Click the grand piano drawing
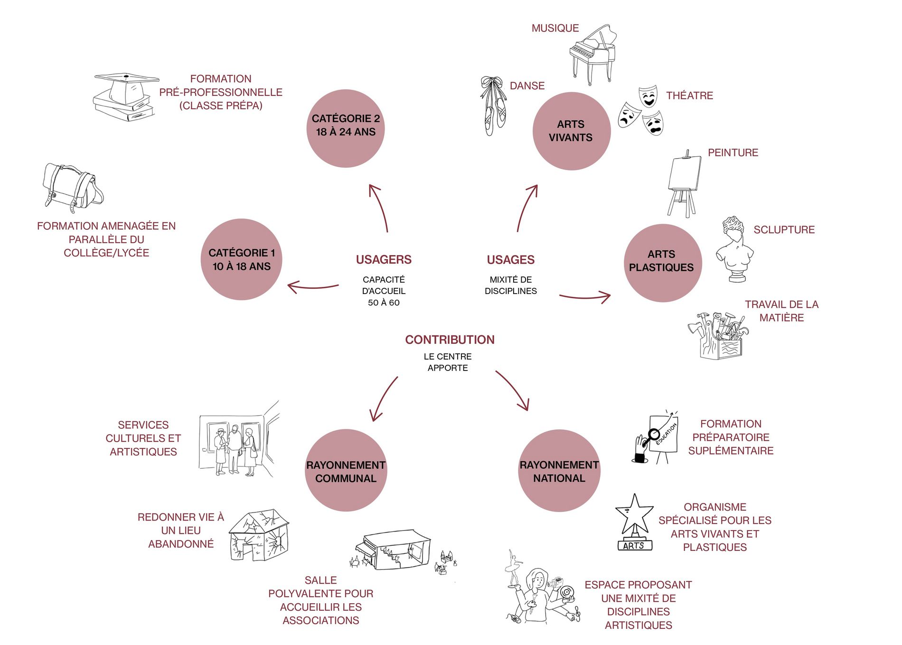tap(592, 53)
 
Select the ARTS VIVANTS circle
tap(571, 131)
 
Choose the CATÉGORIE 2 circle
tap(346, 128)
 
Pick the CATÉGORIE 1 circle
tap(242, 259)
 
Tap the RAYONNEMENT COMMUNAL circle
tap(346, 470)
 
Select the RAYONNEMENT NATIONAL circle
tap(559, 470)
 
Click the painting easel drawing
tap(684, 184)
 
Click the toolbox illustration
tap(718, 335)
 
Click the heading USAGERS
tap(384, 260)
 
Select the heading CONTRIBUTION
tap(450, 340)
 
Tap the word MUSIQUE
tap(555, 28)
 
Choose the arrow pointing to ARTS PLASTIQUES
tap(585, 297)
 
